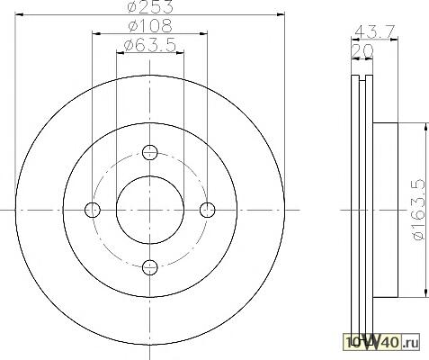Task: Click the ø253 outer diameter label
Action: [x=150, y=6]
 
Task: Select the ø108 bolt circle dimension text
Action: [x=150, y=25]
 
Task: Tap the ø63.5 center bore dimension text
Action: [x=150, y=45]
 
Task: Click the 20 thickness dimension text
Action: [x=362, y=51]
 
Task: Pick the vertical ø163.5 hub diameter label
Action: [x=419, y=210]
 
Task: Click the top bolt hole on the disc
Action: [x=149, y=152]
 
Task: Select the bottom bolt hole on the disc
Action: [x=149, y=267]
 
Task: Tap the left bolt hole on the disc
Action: [x=93, y=210]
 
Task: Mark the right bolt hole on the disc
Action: [x=207, y=210]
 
